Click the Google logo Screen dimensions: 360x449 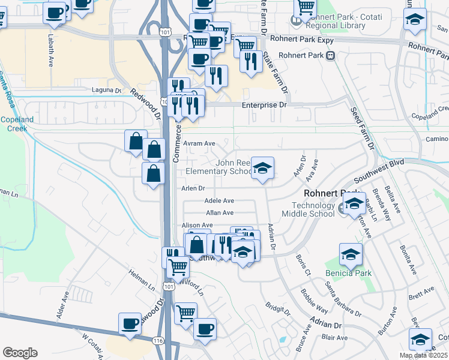(20, 353)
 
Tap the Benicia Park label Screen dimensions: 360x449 (348, 274)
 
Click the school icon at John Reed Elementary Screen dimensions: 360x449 (262, 169)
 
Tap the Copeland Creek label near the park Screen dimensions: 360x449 (17, 124)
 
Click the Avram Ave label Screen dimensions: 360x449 (199, 144)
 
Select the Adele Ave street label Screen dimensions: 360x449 (219, 201)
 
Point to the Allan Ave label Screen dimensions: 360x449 (220, 213)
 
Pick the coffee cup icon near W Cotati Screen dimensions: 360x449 (130, 323)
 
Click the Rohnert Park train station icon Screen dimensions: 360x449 (330, 55)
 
